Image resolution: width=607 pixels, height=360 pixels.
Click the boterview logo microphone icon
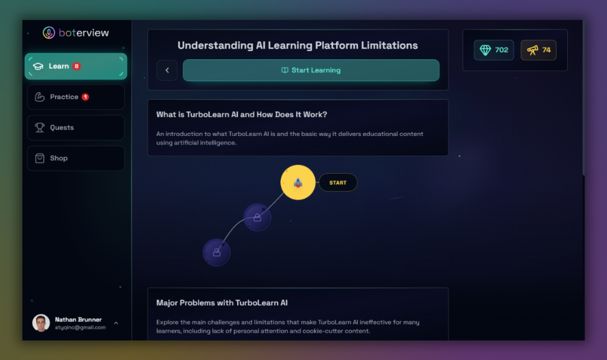[49, 33]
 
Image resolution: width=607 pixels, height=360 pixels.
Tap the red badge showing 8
[76, 66]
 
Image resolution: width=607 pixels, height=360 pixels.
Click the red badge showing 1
[85, 97]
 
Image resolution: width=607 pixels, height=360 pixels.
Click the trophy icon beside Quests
[40, 128]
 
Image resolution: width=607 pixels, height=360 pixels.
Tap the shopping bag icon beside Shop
[40, 158]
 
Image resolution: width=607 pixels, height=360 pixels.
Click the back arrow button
[167, 70]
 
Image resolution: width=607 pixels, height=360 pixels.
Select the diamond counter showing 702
[494, 50]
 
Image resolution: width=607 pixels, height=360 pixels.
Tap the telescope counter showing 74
[539, 50]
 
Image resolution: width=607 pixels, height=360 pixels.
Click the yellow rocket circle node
[298, 182]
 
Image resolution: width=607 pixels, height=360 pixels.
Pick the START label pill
[338, 183]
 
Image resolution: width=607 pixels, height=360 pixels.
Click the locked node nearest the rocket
[257, 218]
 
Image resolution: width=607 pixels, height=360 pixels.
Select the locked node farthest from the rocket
[216, 252]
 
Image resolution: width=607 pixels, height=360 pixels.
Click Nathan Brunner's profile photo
[41, 323]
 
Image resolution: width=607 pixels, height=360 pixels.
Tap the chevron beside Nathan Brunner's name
[116, 323]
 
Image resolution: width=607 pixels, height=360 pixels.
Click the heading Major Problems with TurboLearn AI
[222, 302]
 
